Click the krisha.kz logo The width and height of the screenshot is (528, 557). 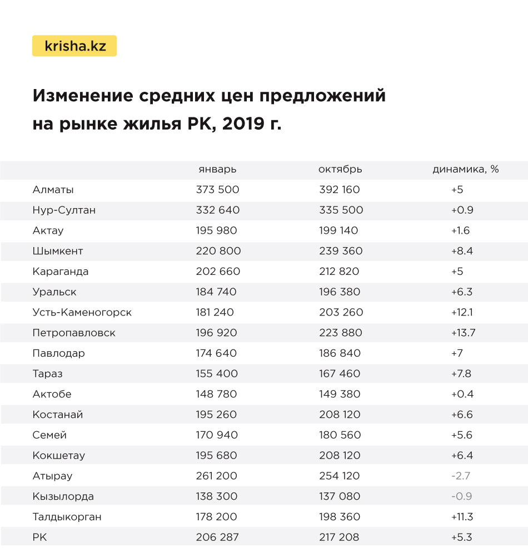74,46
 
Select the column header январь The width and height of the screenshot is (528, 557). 217,170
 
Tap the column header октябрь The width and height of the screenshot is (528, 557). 340,170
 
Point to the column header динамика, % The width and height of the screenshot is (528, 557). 465,170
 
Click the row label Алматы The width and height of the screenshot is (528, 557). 53,190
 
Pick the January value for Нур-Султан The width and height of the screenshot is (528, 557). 218,210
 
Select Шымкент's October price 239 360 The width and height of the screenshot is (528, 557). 341,251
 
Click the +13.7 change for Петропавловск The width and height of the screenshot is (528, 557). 463,333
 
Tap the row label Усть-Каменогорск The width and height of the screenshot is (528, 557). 82,312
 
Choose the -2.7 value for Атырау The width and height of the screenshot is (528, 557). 461,476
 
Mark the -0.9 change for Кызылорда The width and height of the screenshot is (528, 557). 461,496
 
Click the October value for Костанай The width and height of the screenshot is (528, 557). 340,415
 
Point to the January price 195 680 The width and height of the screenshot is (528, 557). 216,455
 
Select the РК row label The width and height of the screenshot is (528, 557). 40,537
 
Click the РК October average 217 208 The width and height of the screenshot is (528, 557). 339,537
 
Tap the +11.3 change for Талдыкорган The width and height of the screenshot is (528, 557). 462,517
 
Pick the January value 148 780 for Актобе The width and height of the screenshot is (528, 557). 216,394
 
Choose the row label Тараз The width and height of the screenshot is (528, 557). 48,373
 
